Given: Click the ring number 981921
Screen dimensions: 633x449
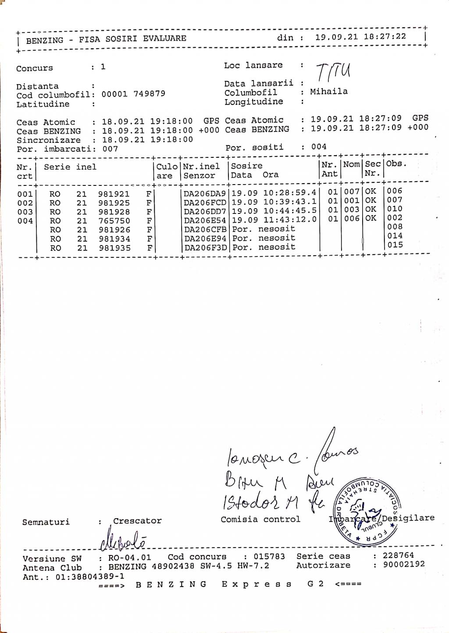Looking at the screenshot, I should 114,194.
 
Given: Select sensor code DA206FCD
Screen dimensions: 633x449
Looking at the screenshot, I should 205,203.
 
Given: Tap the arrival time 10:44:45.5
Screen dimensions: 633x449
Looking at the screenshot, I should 290,210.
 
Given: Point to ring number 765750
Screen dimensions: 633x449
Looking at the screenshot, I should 114,221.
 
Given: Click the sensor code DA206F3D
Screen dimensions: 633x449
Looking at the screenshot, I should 205,248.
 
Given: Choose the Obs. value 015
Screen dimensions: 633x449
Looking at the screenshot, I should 395,245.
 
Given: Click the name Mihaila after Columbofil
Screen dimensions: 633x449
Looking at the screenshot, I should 329,92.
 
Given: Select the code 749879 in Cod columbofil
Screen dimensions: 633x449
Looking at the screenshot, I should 149,94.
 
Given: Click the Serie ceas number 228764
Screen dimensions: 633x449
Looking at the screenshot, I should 398,555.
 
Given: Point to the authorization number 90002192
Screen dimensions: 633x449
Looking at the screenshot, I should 404,565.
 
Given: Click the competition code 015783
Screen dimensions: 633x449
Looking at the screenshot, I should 269,557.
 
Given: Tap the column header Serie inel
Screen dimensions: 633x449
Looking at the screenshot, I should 70,167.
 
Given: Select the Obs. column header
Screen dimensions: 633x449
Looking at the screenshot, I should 396,164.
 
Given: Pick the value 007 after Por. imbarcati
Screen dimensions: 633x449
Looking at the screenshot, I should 110,149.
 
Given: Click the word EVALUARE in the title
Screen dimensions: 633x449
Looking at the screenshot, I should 164,39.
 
